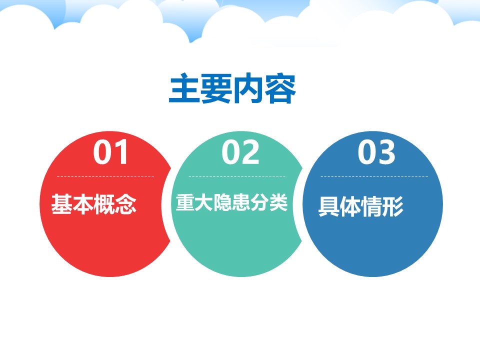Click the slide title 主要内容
pos(232,88)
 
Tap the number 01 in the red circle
pos(110,152)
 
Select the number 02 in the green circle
pos(240,152)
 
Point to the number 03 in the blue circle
pos(376,152)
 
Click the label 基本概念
pos(93,204)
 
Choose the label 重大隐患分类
pos(231,202)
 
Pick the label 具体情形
pos(361,206)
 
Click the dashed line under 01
pos(105,176)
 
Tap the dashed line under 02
pos(237,176)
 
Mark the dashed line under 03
pos(374,176)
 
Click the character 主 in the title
pos(184,88)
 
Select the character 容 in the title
pos(280,88)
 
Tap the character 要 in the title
pos(216,88)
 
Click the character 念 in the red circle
pos(126,204)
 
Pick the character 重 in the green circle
pos(185,202)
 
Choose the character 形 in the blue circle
pos(393,206)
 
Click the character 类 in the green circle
pos(279,202)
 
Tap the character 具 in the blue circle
pos(329,206)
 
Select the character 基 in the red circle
pos(61,204)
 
